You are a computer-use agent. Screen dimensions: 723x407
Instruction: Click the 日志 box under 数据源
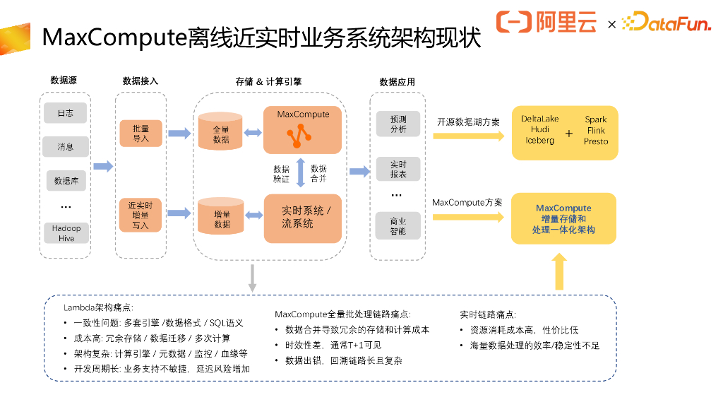66,113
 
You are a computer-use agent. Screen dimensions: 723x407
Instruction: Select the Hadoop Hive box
66,233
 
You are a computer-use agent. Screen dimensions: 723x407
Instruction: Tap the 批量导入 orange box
141,134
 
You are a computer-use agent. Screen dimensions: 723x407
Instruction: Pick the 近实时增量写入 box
141,215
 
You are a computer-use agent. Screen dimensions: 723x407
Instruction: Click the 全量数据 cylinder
220,131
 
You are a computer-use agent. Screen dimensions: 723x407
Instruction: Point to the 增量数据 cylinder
220,216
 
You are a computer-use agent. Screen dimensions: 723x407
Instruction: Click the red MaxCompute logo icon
299,136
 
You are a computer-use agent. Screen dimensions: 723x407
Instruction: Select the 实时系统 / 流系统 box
302,218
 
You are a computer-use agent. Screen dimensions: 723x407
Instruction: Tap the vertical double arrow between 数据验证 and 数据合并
300,172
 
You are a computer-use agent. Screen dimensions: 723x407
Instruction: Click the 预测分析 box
398,124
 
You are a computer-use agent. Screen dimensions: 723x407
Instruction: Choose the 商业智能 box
398,225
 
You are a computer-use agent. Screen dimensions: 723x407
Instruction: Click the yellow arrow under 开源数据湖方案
469,136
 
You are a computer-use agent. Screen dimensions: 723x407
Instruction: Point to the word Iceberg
539,141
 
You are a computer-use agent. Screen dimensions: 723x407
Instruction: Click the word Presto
596,141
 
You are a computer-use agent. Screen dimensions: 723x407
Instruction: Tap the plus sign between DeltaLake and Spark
569,134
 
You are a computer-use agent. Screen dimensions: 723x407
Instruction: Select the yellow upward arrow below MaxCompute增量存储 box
559,271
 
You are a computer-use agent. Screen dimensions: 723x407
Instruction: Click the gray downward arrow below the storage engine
252,278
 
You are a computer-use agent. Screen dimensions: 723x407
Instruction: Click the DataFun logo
667,22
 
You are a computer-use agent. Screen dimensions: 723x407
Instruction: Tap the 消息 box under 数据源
66,147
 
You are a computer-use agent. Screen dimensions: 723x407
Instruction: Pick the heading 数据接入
141,81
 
